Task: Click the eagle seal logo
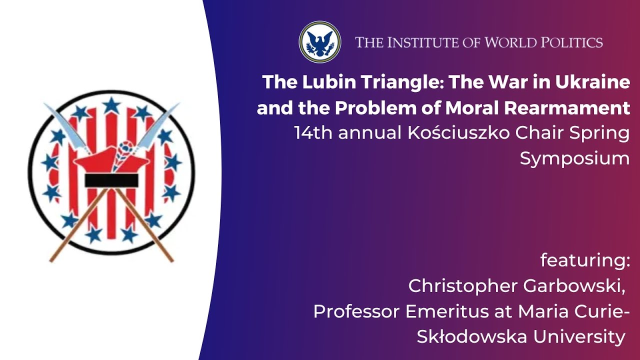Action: (320, 42)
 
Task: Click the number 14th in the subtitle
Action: (312, 133)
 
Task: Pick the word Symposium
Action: (574, 159)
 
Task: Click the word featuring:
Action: (585, 260)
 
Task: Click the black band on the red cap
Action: (111, 180)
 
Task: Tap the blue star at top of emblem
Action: (111, 105)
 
